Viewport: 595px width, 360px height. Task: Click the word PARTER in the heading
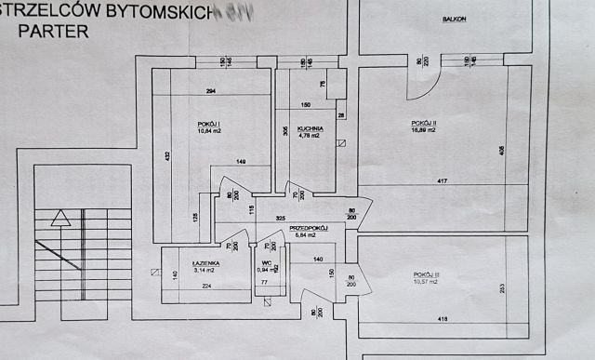[x=61, y=30]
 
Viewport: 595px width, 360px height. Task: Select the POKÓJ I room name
[x=210, y=124]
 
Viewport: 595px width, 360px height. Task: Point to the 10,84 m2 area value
[x=210, y=131]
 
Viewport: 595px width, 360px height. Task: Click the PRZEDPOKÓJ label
[x=307, y=228]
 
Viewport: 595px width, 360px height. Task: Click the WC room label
[x=267, y=264]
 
